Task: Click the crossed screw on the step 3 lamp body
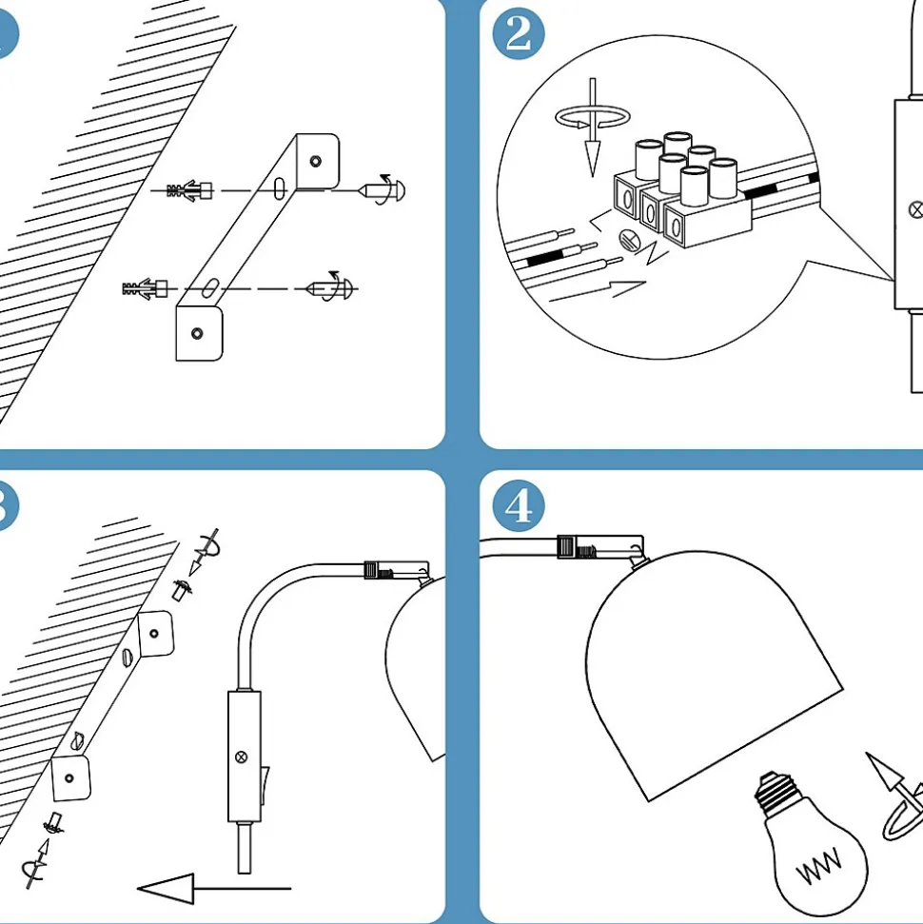click(x=241, y=757)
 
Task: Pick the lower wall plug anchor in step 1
click(x=146, y=286)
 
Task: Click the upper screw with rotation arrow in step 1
click(x=384, y=189)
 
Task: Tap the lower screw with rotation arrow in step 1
click(x=331, y=287)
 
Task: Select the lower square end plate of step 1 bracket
click(x=199, y=332)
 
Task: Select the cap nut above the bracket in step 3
click(x=182, y=589)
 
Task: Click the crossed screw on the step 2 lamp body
click(x=915, y=207)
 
